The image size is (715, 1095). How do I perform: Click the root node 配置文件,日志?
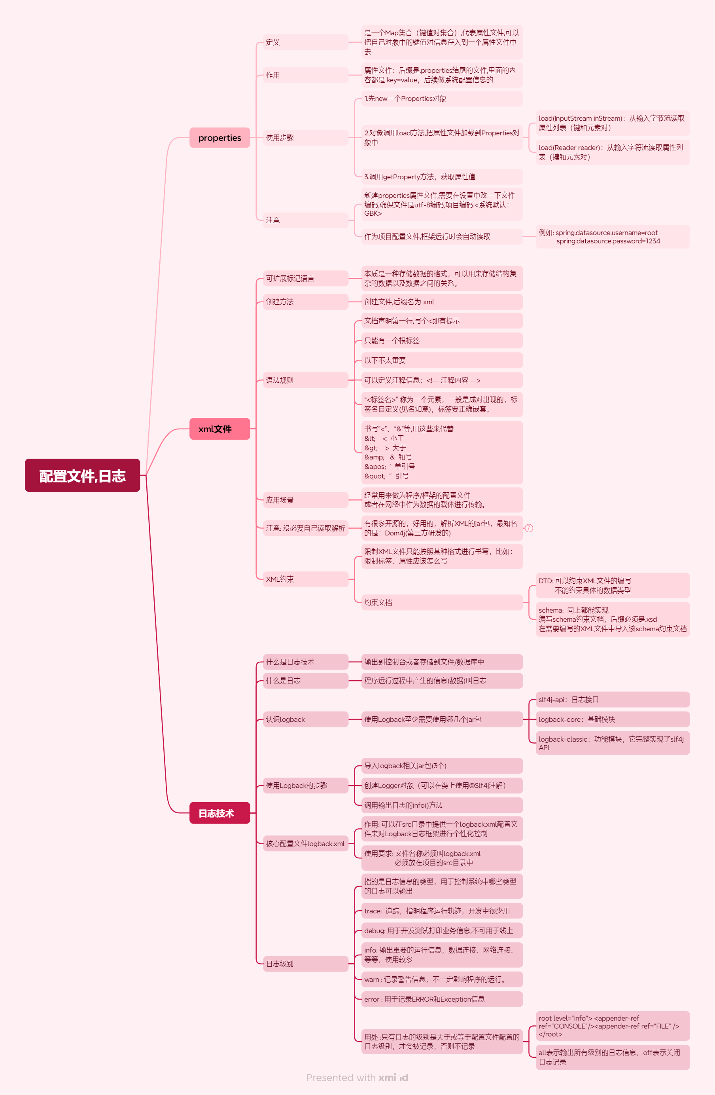click(x=82, y=475)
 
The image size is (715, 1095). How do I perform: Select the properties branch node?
click(x=219, y=138)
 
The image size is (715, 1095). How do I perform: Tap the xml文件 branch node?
click(x=219, y=429)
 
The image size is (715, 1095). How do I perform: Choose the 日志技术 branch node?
click(x=219, y=813)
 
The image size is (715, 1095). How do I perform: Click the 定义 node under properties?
click(x=305, y=42)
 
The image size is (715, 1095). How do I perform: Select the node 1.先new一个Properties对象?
click(x=441, y=99)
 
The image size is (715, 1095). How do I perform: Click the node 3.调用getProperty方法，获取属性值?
click(x=441, y=176)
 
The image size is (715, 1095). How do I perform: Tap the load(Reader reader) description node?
click(x=612, y=152)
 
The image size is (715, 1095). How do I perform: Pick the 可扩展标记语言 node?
click(x=305, y=278)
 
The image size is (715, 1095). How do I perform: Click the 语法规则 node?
click(x=305, y=380)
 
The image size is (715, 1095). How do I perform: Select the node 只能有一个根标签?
click(x=441, y=340)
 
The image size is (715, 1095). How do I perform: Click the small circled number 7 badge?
click(x=529, y=528)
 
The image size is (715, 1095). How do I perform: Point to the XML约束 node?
click(x=305, y=579)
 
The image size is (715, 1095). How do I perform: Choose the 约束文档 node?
click(x=441, y=602)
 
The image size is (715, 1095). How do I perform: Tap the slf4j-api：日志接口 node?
click(x=612, y=699)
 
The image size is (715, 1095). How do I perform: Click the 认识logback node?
click(x=305, y=719)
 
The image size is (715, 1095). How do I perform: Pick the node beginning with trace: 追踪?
click(x=441, y=911)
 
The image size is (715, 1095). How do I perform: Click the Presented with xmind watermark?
click(x=357, y=1078)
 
